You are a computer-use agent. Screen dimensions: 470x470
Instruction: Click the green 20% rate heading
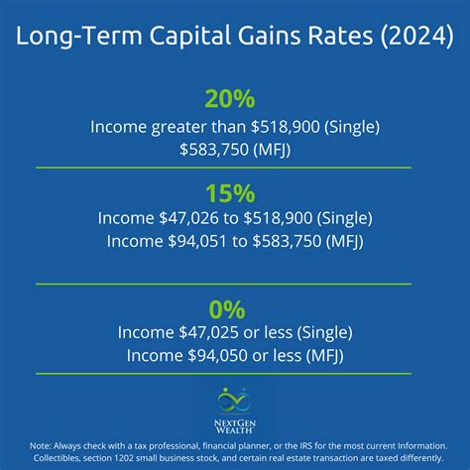pyautogui.click(x=230, y=99)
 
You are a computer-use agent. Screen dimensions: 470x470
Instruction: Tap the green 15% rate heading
pyautogui.click(x=230, y=193)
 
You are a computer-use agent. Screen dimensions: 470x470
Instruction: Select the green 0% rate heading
pyautogui.click(x=227, y=309)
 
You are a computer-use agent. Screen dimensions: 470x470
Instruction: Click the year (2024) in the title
pyautogui.click(x=416, y=36)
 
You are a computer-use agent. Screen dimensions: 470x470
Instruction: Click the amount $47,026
pyautogui.click(x=188, y=218)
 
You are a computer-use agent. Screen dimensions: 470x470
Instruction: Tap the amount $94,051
pyautogui.click(x=197, y=241)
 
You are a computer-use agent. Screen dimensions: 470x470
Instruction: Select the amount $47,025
pyautogui.click(x=208, y=332)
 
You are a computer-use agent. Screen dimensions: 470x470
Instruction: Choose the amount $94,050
pyautogui.click(x=217, y=356)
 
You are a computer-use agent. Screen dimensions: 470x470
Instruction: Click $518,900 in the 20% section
pyautogui.click(x=286, y=127)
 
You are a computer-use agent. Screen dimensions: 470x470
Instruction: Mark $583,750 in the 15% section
pyautogui.click(x=287, y=241)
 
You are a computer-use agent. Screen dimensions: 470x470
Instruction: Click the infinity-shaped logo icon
pyautogui.click(x=234, y=401)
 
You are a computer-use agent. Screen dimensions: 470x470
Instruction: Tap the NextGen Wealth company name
pyautogui.click(x=235, y=426)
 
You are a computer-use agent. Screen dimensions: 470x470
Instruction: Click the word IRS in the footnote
pyautogui.click(x=306, y=446)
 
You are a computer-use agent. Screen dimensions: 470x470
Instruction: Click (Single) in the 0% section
pyautogui.click(x=324, y=333)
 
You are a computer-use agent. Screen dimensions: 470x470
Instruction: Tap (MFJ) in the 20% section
pyautogui.click(x=272, y=150)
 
